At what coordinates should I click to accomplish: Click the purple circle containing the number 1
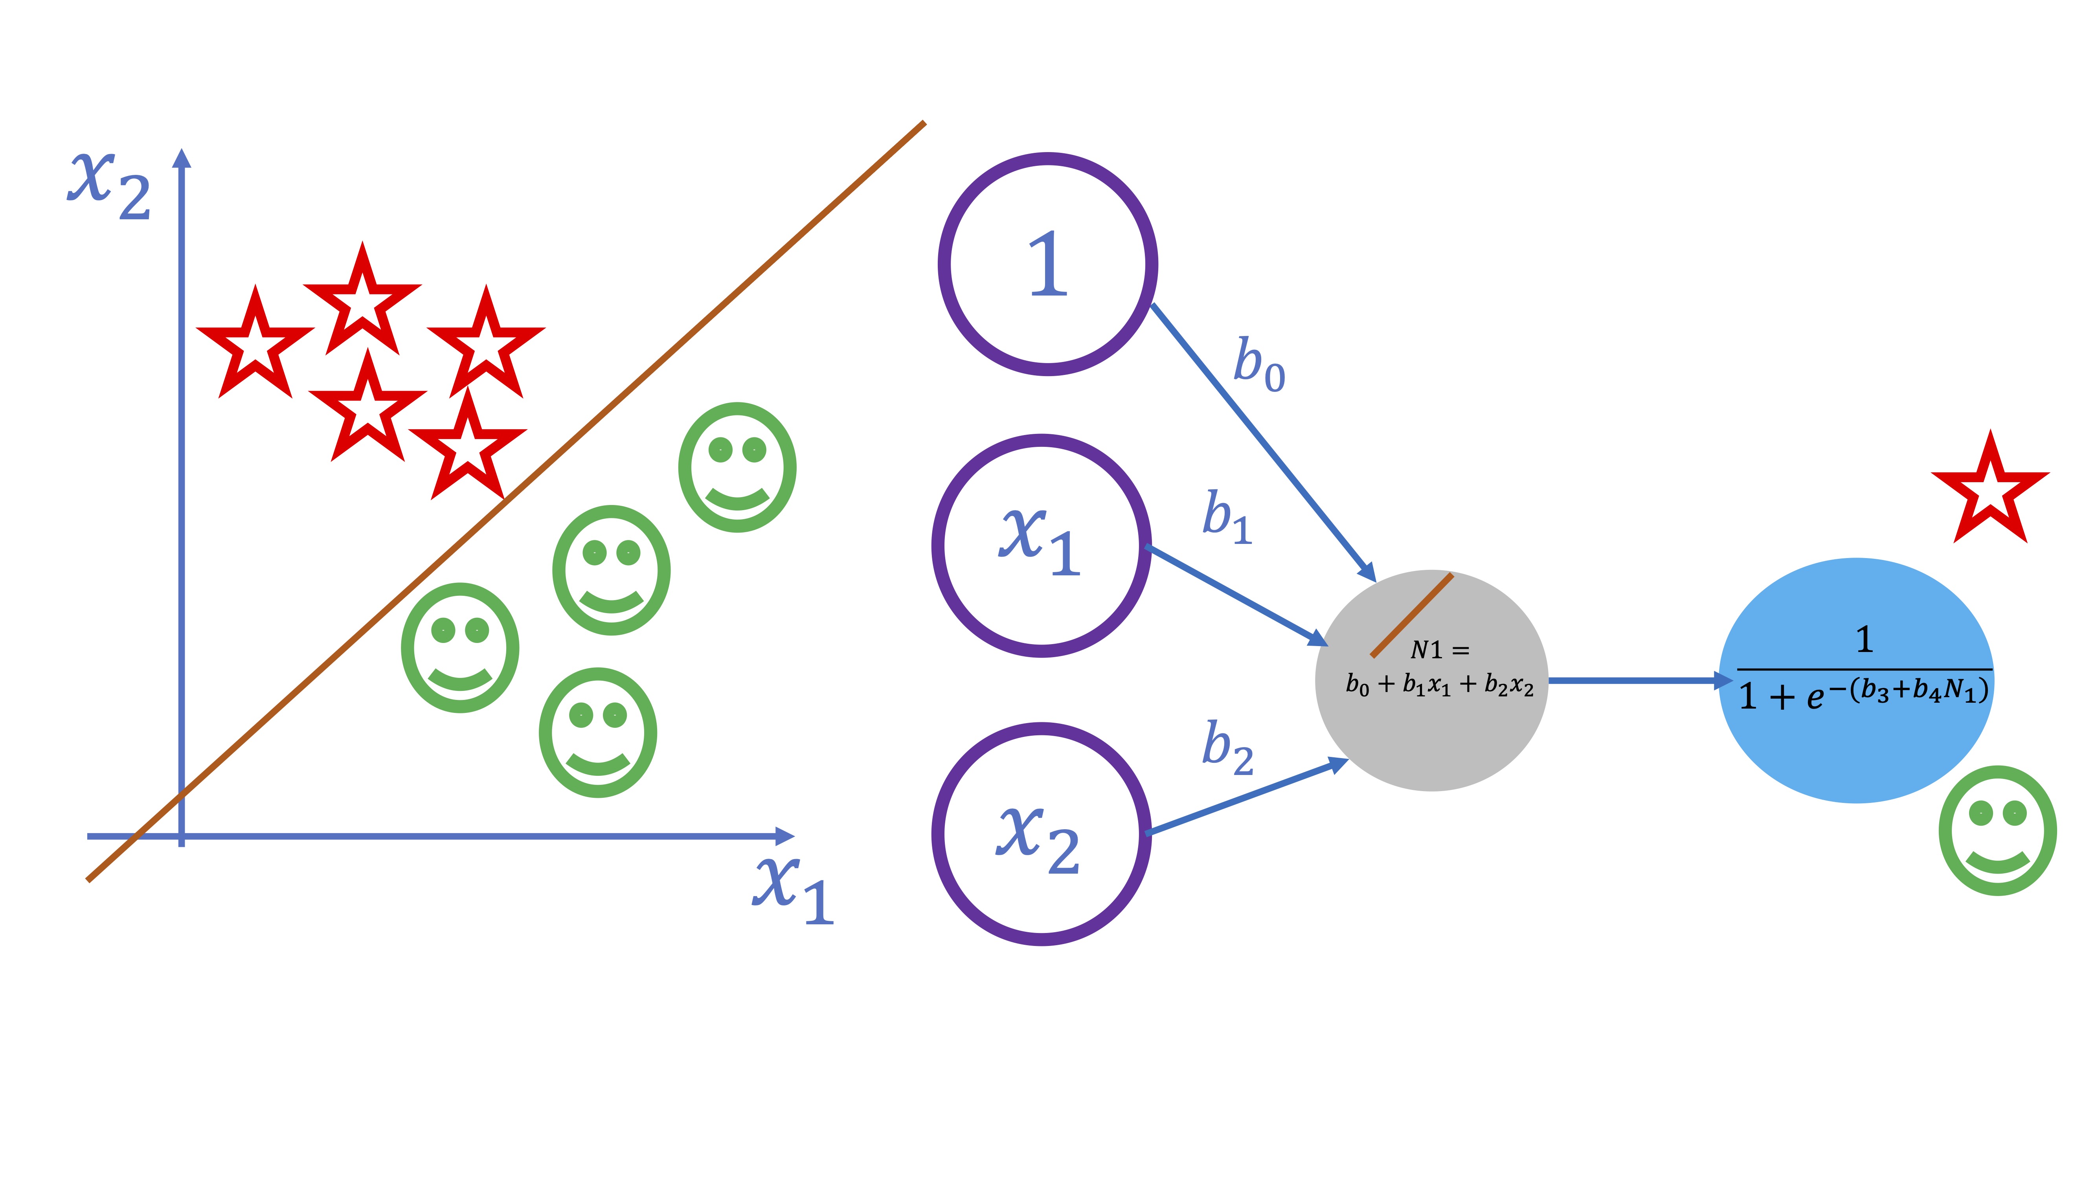(x=1047, y=264)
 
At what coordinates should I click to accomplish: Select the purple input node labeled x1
(x=1042, y=545)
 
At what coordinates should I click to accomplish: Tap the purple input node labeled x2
(x=1042, y=834)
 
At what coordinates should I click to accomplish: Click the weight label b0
(x=1259, y=365)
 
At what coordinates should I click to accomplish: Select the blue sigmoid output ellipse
(x=1857, y=749)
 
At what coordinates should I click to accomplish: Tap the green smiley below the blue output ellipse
(x=1997, y=830)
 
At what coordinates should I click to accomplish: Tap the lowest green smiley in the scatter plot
(x=598, y=732)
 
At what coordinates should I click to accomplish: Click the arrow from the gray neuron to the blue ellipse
(x=1635, y=680)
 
